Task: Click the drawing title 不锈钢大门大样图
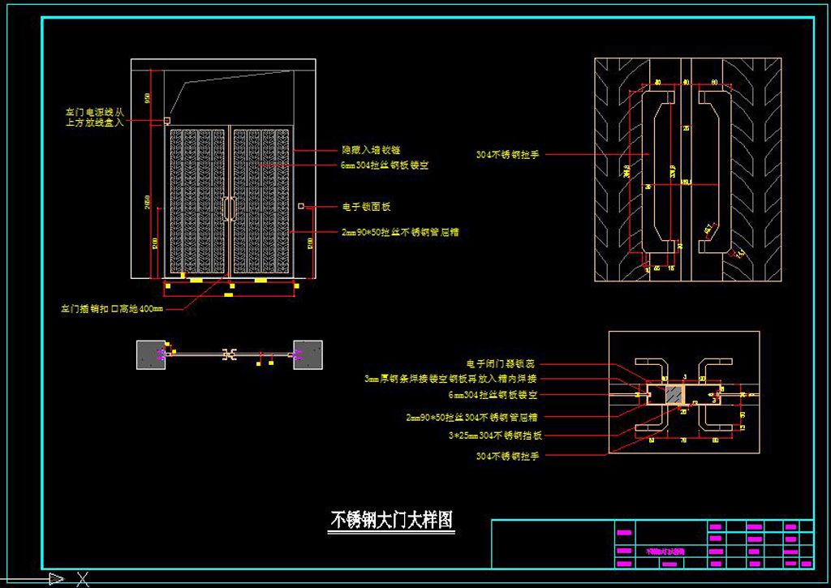tap(391, 520)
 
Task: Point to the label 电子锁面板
tap(366, 207)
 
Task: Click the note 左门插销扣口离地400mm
tap(112, 309)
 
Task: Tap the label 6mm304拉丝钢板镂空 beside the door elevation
tap(385, 165)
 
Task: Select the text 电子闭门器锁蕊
tap(501, 364)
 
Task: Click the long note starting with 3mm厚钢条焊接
tap(450, 379)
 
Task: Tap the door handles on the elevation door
tap(230, 208)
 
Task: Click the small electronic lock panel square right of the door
tap(300, 207)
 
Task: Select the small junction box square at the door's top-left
tap(166, 121)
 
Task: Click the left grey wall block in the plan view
tap(151, 354)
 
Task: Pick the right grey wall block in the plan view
tap(308, 354)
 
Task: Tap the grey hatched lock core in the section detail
tap(673, 395)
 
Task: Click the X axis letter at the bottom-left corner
tap(82, 579)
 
